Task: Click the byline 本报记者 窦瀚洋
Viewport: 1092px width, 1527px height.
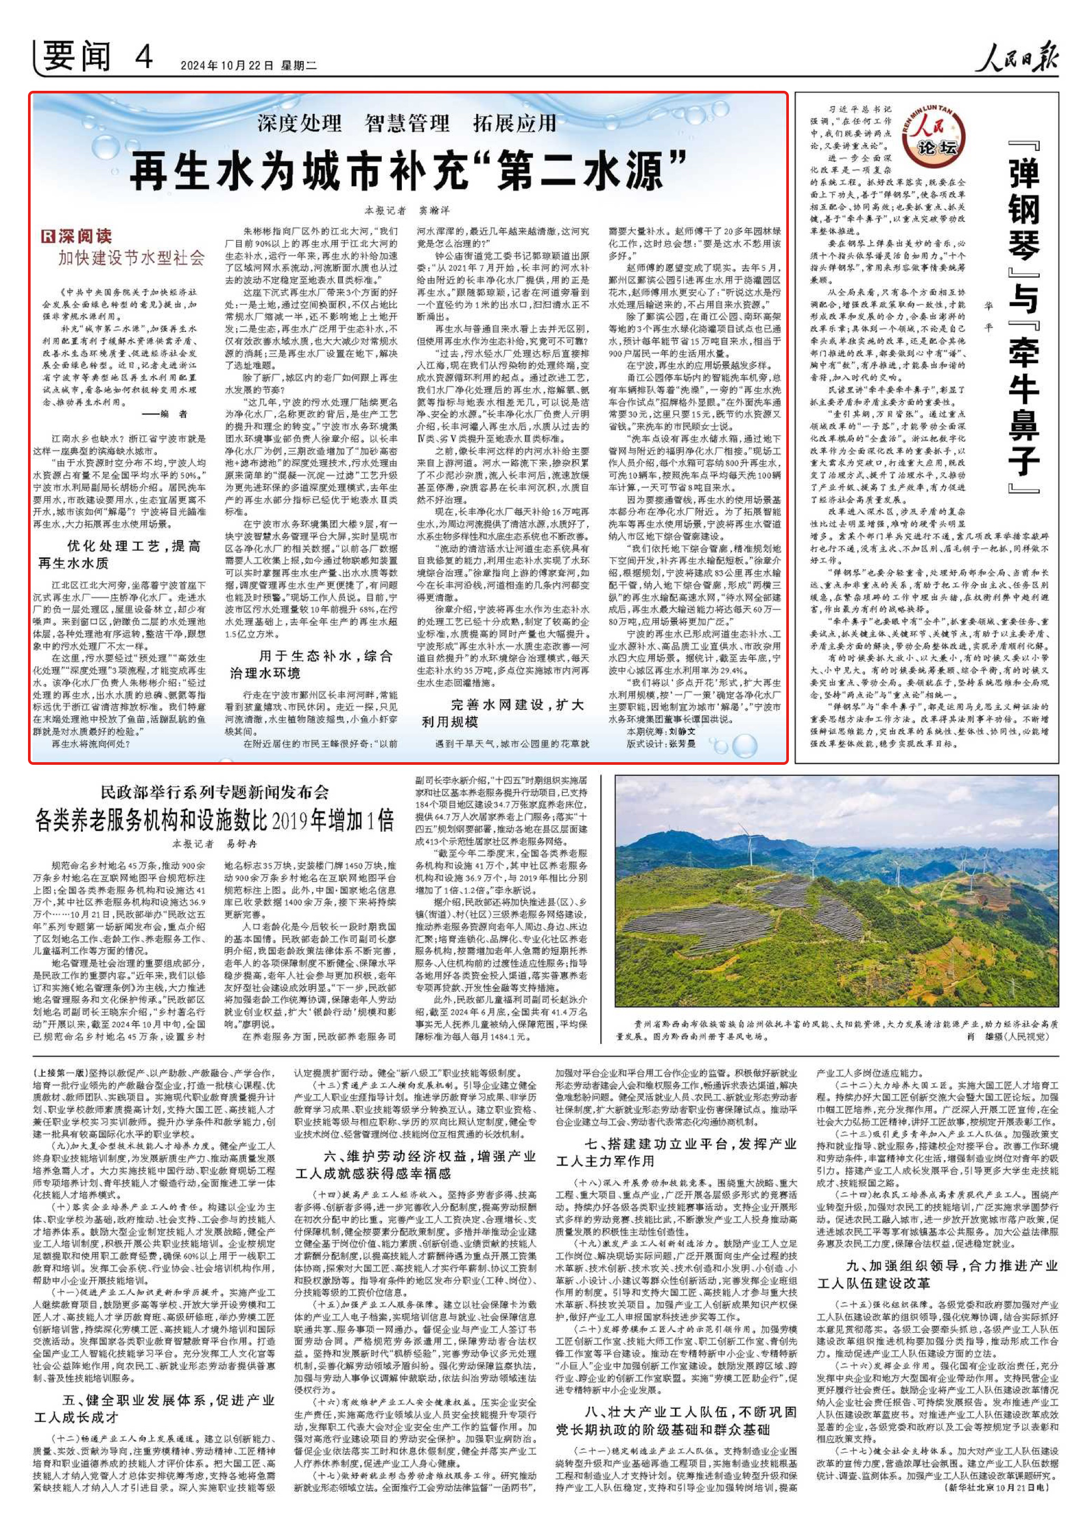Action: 407,211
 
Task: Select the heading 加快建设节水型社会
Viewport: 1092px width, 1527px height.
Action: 131,258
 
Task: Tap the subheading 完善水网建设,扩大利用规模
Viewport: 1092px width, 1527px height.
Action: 504,713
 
